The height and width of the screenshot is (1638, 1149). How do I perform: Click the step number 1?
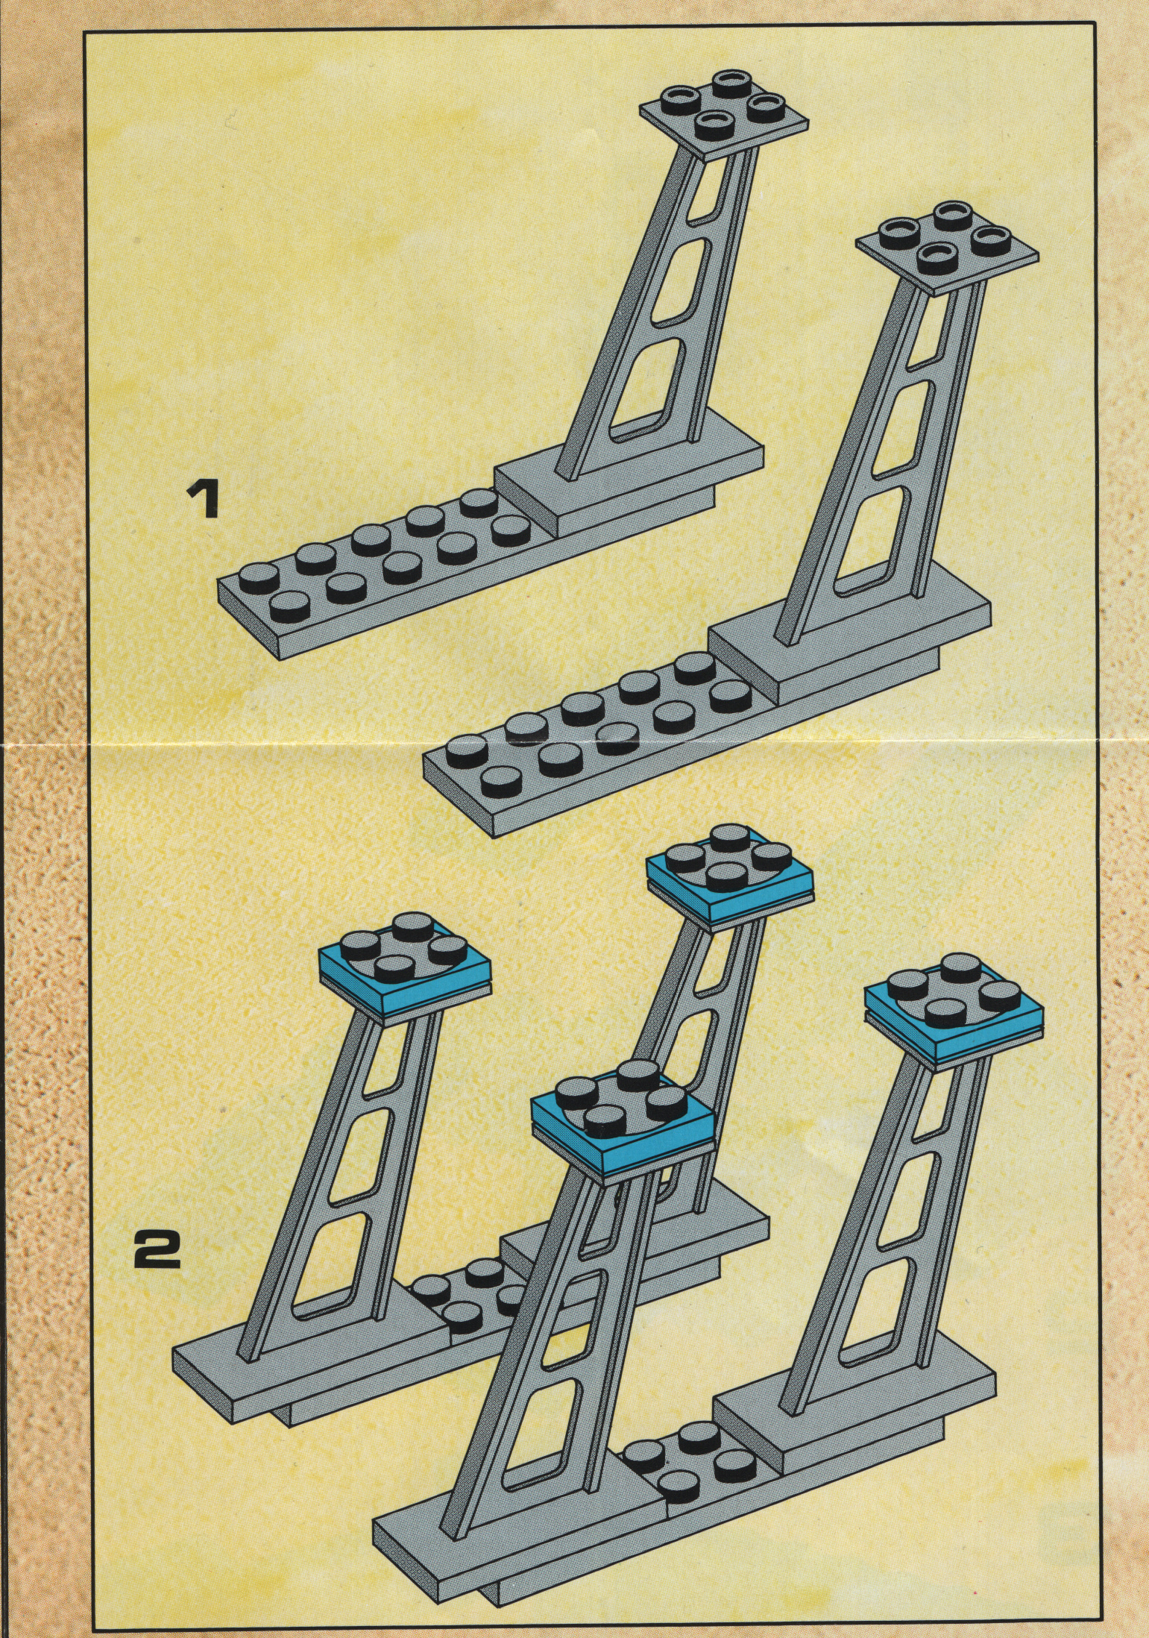[x=202, y=500]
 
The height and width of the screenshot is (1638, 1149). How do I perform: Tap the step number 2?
[x=157, y=1249]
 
